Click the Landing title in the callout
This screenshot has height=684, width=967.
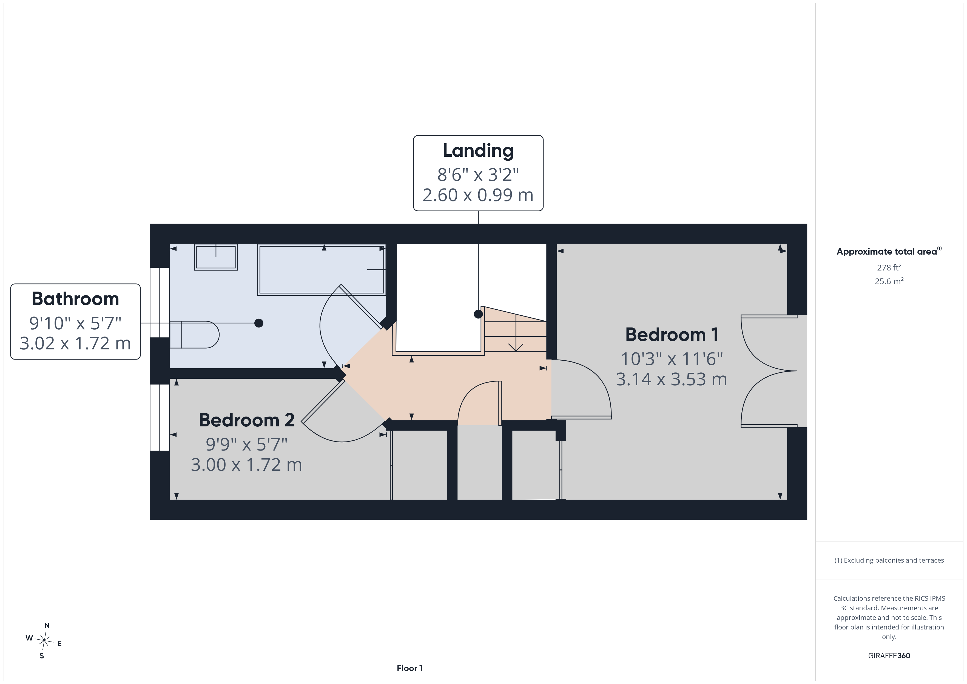pos(478,151)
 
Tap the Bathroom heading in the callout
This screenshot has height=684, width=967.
pos(75,299)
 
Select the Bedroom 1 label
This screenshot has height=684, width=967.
pos(672,335)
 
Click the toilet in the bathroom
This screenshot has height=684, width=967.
pos(194,335)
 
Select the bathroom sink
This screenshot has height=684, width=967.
pos(216,257)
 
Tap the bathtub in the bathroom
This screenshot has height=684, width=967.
pos(321,270)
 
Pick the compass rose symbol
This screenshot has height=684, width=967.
pos(44,641)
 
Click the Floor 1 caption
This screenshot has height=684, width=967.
pos(409,668)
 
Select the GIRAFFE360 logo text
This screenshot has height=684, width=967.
pos(889,656)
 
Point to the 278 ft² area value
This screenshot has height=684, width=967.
pos(889,267)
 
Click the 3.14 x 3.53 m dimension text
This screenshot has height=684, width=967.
pos(671,380)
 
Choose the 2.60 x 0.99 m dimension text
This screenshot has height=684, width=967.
pos(478,195)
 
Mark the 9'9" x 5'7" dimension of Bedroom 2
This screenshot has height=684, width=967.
pos(246,444)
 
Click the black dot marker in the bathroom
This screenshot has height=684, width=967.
pos(259,323)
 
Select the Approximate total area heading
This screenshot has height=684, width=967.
pos(889,252)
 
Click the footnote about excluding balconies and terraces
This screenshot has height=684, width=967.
pos(889,560)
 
